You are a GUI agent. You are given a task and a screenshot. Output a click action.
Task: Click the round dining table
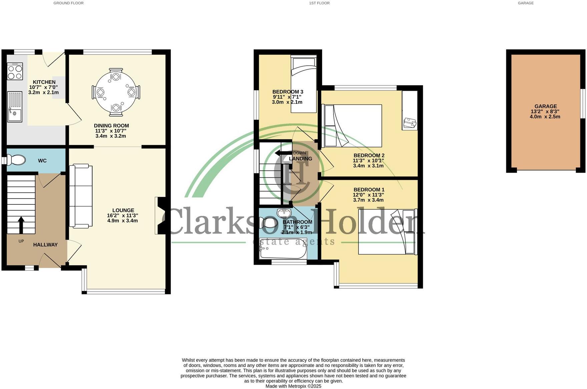[x=116, y=92]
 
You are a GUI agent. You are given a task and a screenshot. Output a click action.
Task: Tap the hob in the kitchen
[x=15, y=72]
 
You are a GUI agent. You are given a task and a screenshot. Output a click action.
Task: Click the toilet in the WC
[x=17, y=160]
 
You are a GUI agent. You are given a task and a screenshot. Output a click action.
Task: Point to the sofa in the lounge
[x=81, y=196]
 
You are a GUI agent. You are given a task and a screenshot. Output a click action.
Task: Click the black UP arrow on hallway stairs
[x=21, y=225]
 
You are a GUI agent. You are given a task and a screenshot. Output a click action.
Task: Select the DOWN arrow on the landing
[x=282, y=153]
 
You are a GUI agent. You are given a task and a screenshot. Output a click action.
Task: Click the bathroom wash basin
[x=284, y=212]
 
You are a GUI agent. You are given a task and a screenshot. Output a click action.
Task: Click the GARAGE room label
[x=546, y=106]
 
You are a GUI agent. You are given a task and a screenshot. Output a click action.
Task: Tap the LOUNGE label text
[x=123, y=210]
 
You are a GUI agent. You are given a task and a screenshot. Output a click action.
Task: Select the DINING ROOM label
[x=111, y=126]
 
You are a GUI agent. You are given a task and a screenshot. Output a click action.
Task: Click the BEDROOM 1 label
[x=369, y=190]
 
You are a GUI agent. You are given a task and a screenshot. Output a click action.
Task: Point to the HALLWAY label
[x=45, y=245]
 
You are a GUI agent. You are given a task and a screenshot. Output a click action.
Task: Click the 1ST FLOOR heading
[x=319, y=3]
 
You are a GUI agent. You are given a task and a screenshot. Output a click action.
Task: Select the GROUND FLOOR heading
[x=68, y=3]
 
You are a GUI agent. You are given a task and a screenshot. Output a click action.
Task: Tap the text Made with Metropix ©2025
[x=293, y=386]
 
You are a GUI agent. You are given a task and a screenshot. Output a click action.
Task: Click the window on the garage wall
[x=583, y=103]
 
